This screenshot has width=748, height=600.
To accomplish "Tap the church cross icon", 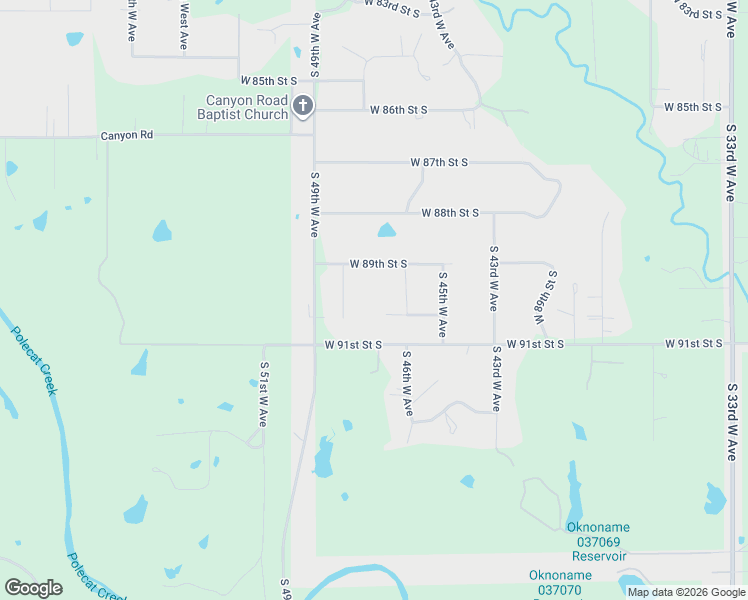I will pos(303,104).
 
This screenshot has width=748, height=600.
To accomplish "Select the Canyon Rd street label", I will pos(127,135).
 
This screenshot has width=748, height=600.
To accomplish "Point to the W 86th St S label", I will pos(398,110).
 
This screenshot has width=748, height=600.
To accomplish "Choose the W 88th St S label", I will pos(450,213).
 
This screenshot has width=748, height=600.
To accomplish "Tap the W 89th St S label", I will pos(378,264).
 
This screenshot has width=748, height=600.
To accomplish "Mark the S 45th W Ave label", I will pos(441,304).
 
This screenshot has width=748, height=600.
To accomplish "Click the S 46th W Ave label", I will pos(407,383).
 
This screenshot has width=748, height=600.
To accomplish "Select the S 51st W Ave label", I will pos(264,395).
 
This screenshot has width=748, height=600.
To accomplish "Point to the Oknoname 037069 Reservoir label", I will pos(598,541).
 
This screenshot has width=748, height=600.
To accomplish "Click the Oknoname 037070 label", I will pos(560,582).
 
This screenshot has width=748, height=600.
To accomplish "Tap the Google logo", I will pos(34,588).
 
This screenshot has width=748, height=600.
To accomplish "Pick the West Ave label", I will pos(184,27).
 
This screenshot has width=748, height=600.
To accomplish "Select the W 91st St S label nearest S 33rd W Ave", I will pos(694,344).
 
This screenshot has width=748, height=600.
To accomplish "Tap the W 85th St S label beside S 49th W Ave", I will pos(269,80).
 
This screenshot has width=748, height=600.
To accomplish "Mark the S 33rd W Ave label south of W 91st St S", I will pos(732,414).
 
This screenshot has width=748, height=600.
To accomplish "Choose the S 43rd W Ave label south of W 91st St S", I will pos(495,379).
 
